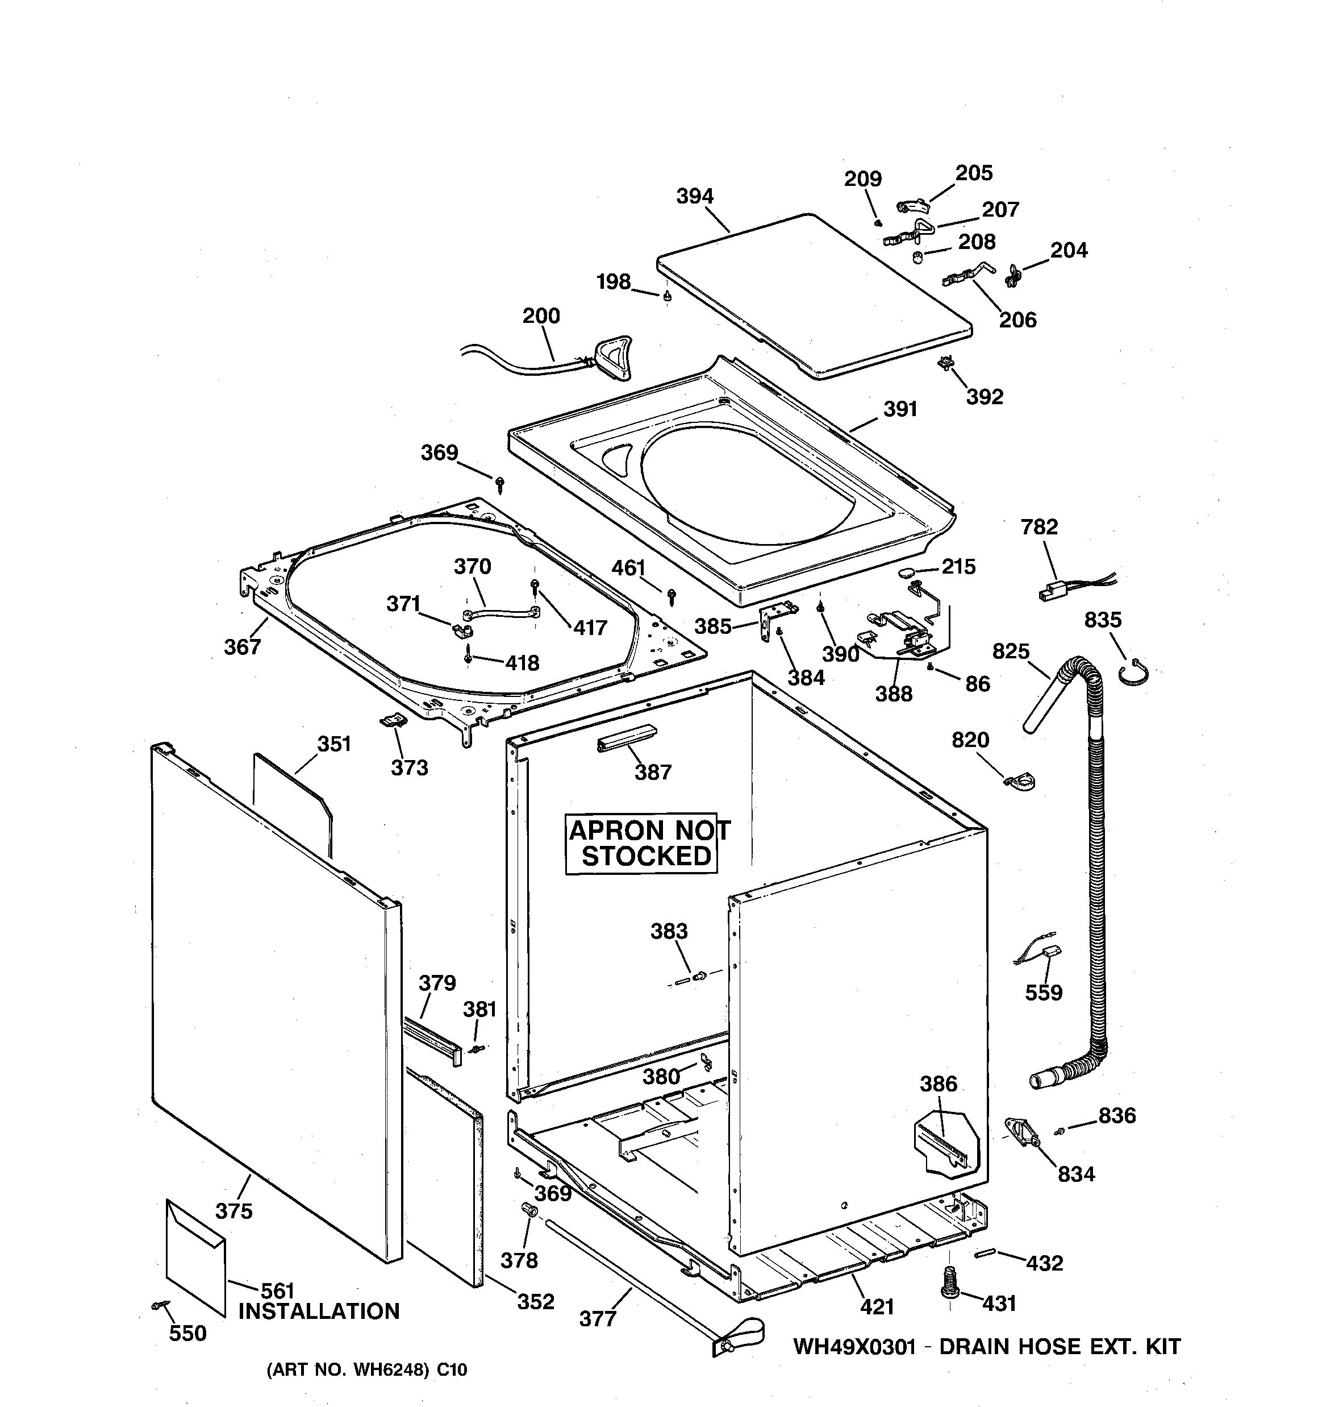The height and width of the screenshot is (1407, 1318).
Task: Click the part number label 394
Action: tap(695, 196)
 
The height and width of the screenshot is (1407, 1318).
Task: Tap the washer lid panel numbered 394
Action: tap(814, 297)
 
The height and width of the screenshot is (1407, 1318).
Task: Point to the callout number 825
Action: tap(1010, 650)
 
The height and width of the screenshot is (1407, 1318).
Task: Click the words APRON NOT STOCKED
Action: tap(647, 843)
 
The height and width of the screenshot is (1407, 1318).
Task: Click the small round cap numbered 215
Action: tap(908, 571)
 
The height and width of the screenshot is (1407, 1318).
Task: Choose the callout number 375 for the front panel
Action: tap(234, 1211)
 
